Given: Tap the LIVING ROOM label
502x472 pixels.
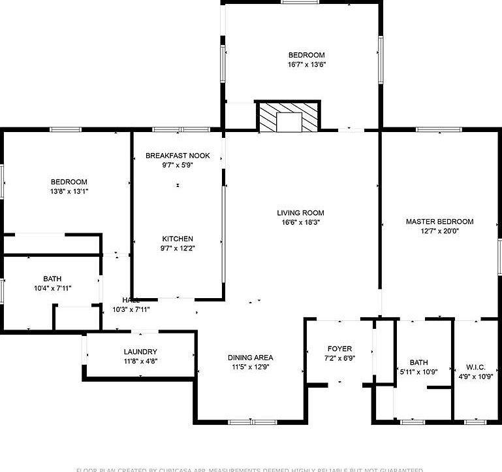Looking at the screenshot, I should coord(300,212).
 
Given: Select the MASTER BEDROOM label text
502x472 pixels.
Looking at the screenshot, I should coord(439,222).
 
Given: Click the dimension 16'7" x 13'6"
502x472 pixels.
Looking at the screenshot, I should coord(306,65).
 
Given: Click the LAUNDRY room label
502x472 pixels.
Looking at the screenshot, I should coord(140,352).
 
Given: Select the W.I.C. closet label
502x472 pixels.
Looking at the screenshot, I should coord(476,367).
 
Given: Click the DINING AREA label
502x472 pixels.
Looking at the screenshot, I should coord(250,358).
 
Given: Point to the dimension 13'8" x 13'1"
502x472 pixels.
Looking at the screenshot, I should coord(69,192).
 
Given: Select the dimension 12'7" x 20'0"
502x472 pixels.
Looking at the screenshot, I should coord(439,231).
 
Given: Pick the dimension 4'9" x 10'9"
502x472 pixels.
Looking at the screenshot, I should coord(476,377).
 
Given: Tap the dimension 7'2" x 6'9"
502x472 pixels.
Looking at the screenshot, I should coord(339,358).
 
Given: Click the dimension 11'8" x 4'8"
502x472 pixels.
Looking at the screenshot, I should coord(140,361).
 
